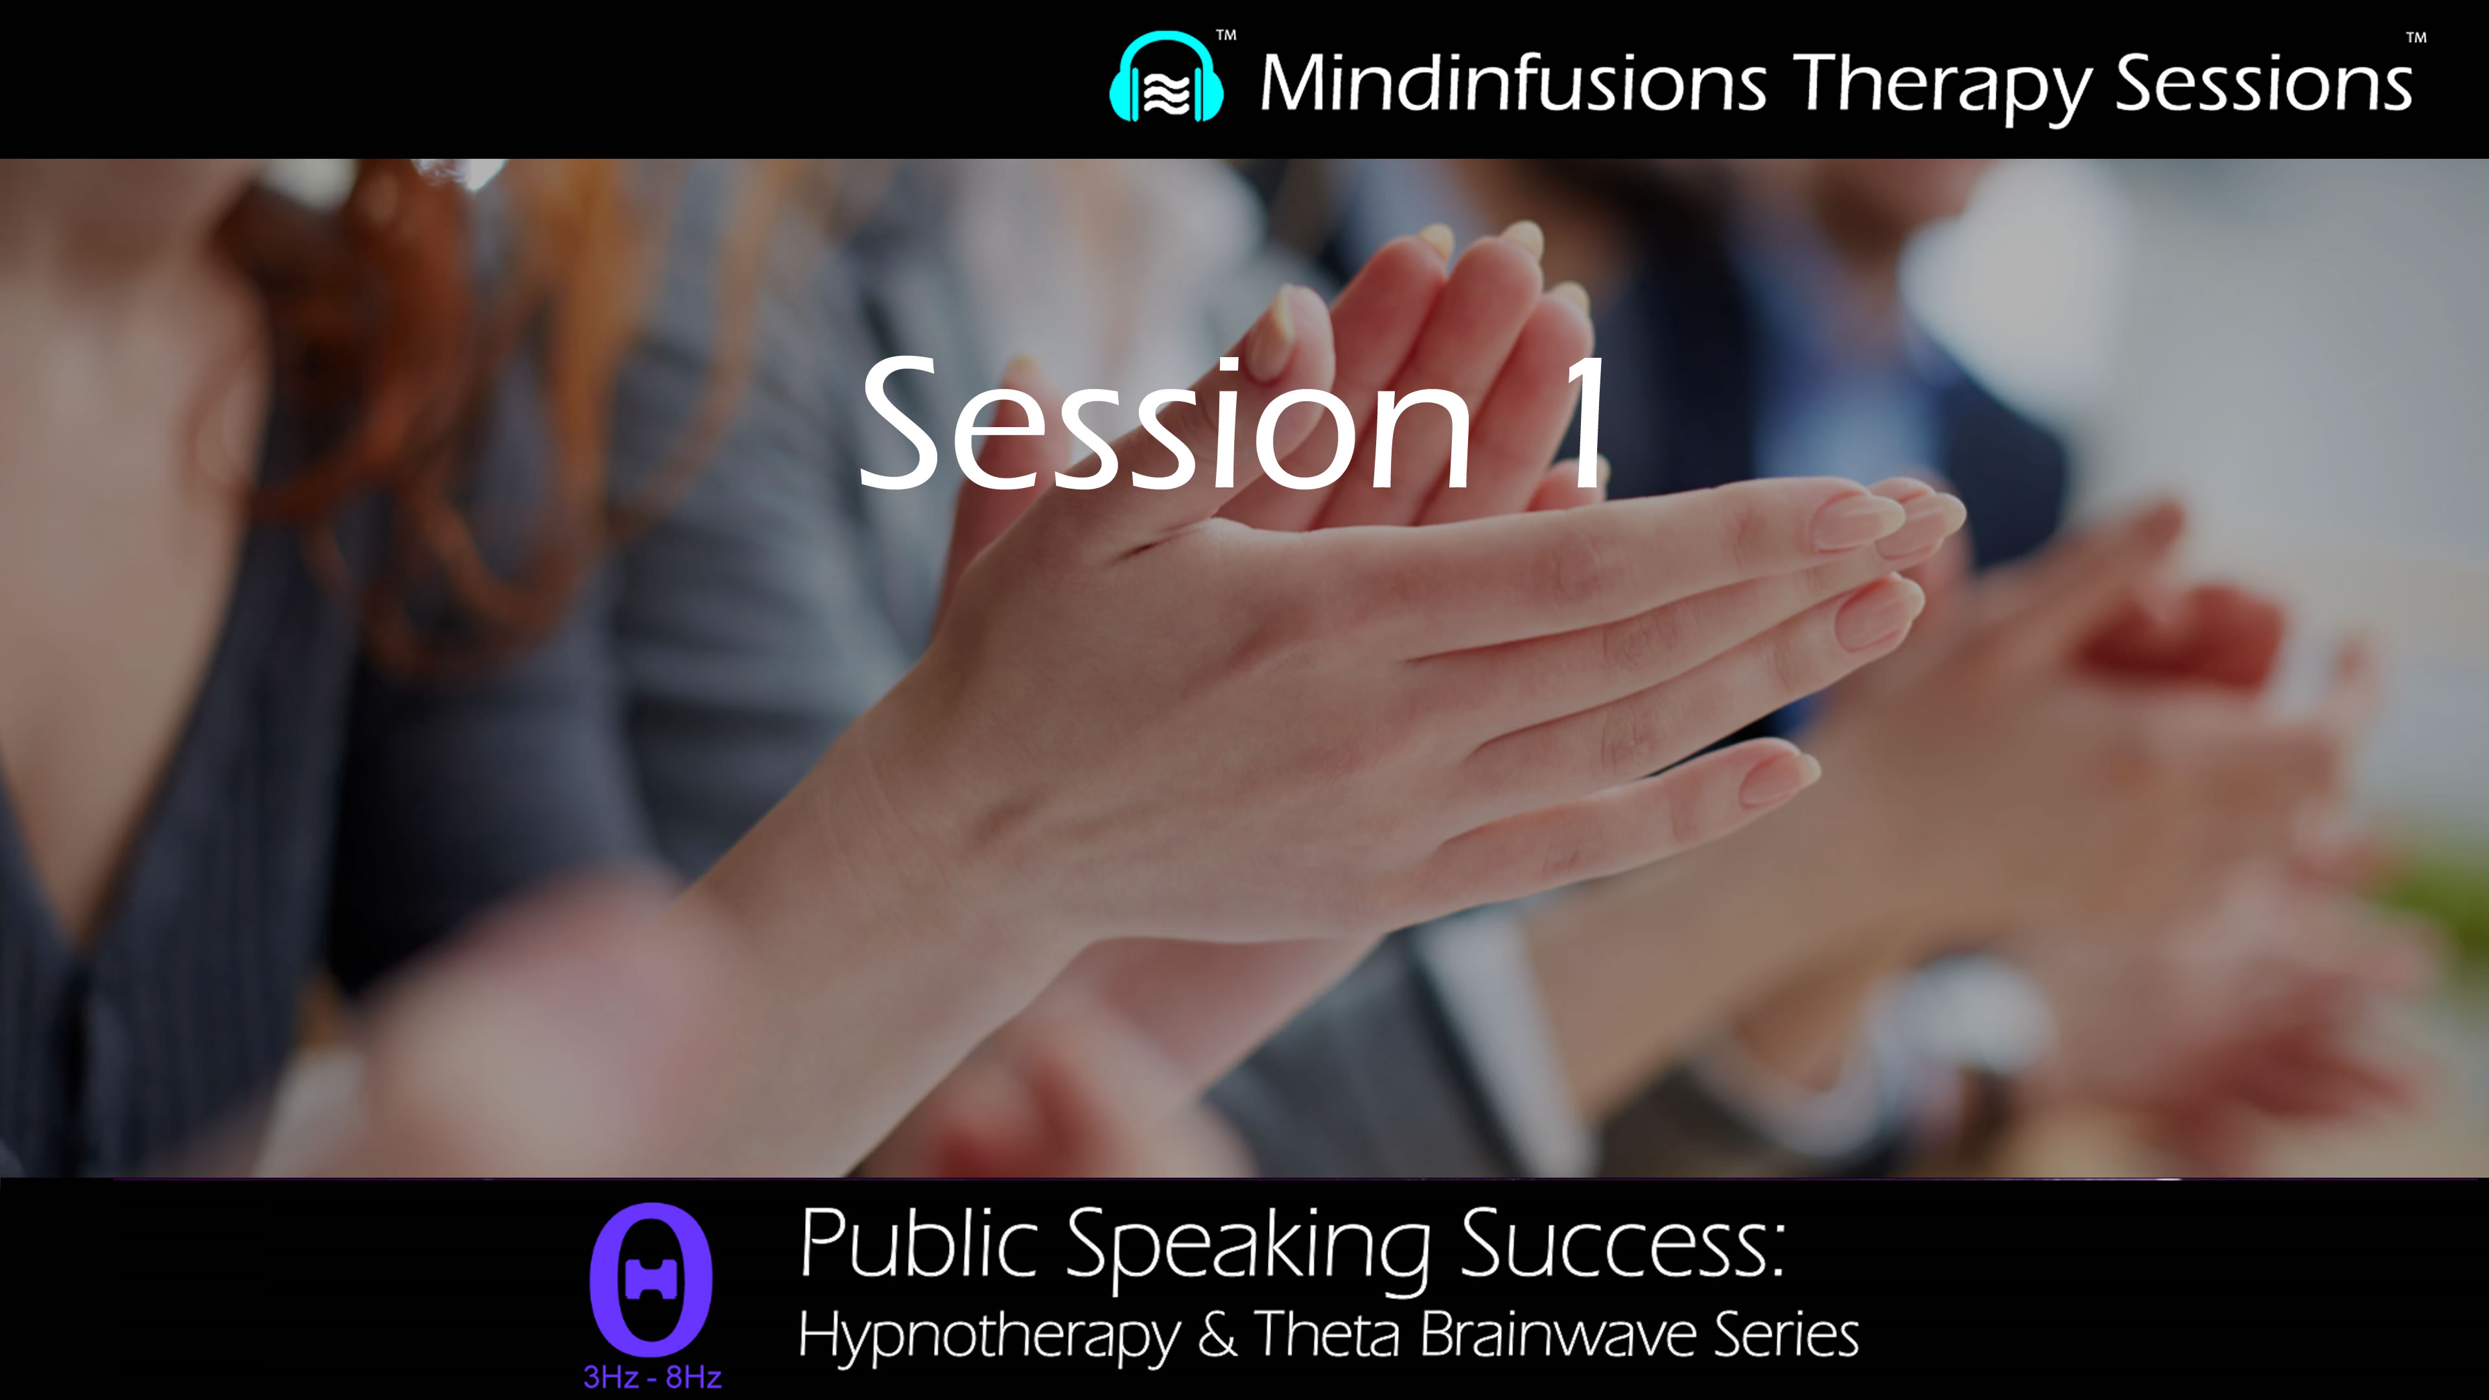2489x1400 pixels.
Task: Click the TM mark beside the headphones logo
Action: click(1225, 36)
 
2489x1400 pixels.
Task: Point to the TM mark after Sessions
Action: click(2416, 39)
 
